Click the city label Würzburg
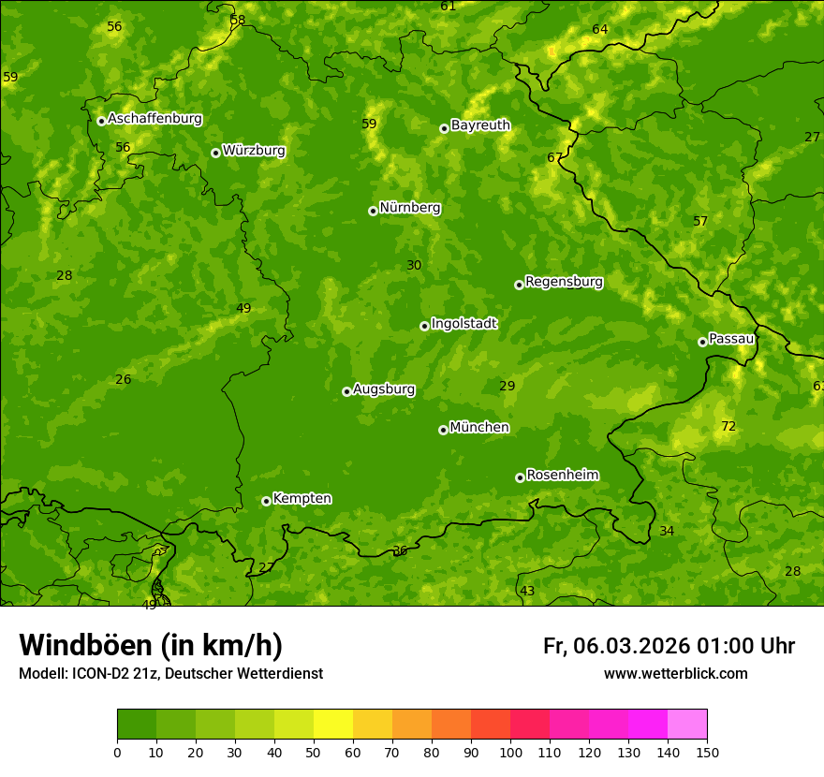[x=254, y=151]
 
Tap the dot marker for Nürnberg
[x=373, y=211]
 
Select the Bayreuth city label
[x=480, y=125]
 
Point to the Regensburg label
[x=564, y=282]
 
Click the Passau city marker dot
[x=702, y=342]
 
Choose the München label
[x=479, y=428]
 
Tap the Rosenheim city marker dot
[x=520, y=478]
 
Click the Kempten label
[x=302, y=499]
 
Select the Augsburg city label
[x=384, y=389]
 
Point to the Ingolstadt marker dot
[x=424, y=326]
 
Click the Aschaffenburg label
[x=154, y=119]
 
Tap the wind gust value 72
[x=728, y=427]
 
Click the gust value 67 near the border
[x=555, y=157]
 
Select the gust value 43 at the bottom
[x=527, y=591]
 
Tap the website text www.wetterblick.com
[x=675, y=674]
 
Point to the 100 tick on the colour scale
[x=510, y=752]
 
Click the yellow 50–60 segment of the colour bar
[x=333, y=725]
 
